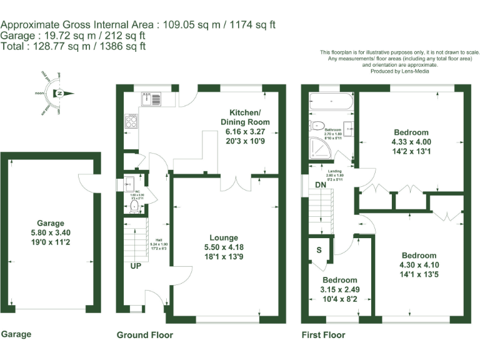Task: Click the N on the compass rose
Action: click(x=60, y=94)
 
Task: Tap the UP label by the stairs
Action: click(x=136, y=266)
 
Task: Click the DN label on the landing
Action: click(x=319, y=185)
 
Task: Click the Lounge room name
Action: click(x=224, y=237)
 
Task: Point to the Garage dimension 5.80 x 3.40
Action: click(x=51, y=232)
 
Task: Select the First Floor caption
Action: click(x=323, y=335)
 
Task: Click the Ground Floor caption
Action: click(x=145, y=335)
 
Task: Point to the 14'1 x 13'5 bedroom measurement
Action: click(x=419, y=274)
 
